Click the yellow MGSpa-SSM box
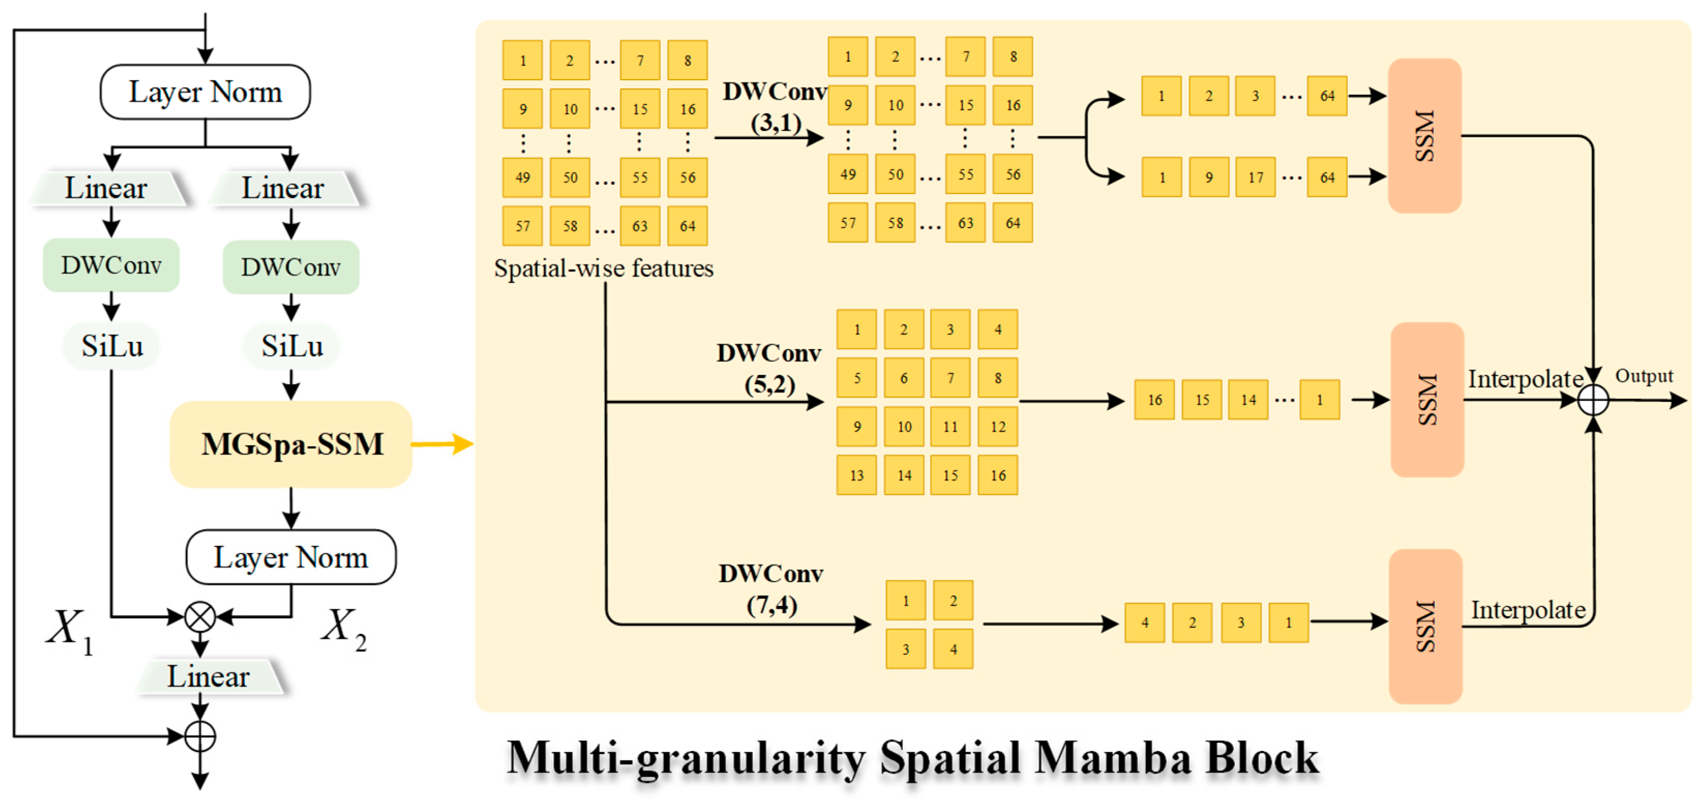coord(291,444)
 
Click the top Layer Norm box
coord(205,92)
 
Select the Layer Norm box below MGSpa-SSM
coord(291,557)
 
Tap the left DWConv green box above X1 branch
coord(111,265)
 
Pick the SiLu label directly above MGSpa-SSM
coord(291,346)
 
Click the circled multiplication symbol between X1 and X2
coord(200,617)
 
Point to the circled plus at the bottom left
coord(200,736)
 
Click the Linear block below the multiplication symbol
coord(209,676)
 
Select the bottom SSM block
coord(1425,626)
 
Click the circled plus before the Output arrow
coord(1593,400)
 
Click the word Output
coord(1644,376)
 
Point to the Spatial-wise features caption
coord(604,268)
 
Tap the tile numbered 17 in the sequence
coord(1255,177)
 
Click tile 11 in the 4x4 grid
coord(950,426)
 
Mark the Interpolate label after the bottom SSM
coord(1528,609)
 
